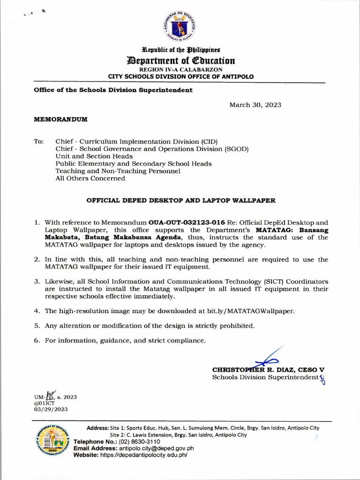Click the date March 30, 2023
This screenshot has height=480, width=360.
click(x=255, y=105)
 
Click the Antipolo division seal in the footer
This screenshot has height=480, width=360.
click(x=52, y=442)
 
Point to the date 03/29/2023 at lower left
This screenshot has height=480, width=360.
click(x=51, y=409)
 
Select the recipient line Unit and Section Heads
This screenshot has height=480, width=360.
click(x=94, y=156)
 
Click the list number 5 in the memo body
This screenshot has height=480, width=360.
click(x=37, y=325)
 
